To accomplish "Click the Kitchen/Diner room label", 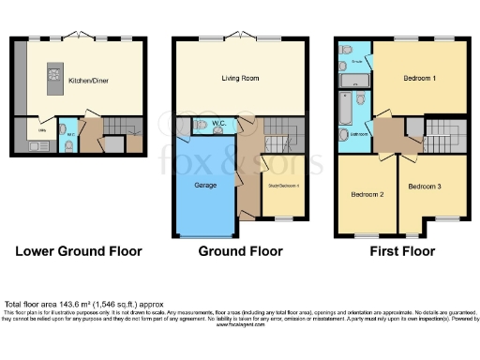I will pos(89,82).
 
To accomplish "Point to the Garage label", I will pos(205,186).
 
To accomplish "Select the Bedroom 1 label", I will pos(419,79).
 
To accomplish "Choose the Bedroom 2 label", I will pos(367,195).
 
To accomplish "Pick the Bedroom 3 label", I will pos(425,187).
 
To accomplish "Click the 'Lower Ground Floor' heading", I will pos(78,251).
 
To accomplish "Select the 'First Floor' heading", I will pos(401,251).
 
